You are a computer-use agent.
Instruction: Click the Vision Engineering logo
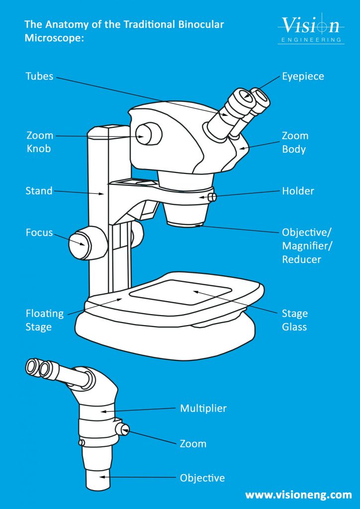click(x=311, y=29)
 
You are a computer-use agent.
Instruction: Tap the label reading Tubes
click(x=39, y=77)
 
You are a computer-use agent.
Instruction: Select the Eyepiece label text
click(x=303, y=77)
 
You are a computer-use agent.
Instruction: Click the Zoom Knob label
click(x=39, y=142)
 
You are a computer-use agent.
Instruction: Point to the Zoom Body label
click(x=295, y=142)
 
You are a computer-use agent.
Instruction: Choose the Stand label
click(x=39, y=191)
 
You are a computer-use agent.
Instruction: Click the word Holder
click(x=298, y=191)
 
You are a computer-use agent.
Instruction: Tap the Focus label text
click(x=39, y=232)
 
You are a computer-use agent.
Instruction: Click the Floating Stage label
click(x=45, y=320)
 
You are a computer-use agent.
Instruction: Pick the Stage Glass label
click(x=295, y=320)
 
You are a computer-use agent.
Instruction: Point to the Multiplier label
click(x=203, y=409)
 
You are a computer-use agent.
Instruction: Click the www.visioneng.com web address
click(x=298, y=495)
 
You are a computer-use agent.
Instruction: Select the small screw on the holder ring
click(x=212, y=197)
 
